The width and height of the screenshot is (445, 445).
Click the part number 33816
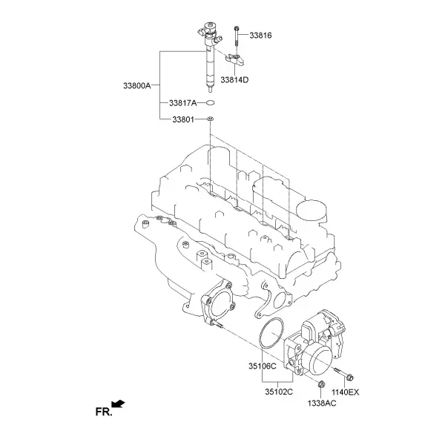click(260, 36)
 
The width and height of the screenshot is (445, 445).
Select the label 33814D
click(234, 80)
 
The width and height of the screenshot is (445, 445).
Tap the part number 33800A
click(137, 85)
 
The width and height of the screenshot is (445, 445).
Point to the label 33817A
click(182, 103)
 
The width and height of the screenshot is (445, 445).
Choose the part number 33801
click(183, 119)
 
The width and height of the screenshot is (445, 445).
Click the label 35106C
click(263, 366)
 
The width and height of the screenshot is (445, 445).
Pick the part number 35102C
click(279, 392)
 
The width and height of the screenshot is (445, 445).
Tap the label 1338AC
click(322, 403)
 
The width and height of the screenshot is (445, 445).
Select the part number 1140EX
click(346, 392)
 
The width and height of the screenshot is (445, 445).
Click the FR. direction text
click(104, 412)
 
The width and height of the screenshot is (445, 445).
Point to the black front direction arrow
click(119, 403)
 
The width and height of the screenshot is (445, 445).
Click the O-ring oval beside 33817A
click(210, 102)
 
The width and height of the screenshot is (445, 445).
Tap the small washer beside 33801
click(211, 119)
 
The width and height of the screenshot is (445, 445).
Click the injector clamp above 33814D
click(235, 59)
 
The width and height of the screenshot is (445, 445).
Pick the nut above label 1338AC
click(321, 384)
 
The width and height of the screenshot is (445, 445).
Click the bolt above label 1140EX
click(343, 374)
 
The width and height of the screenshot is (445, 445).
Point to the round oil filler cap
click(311, 211)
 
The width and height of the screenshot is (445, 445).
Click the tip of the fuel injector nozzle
click(210, 91)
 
